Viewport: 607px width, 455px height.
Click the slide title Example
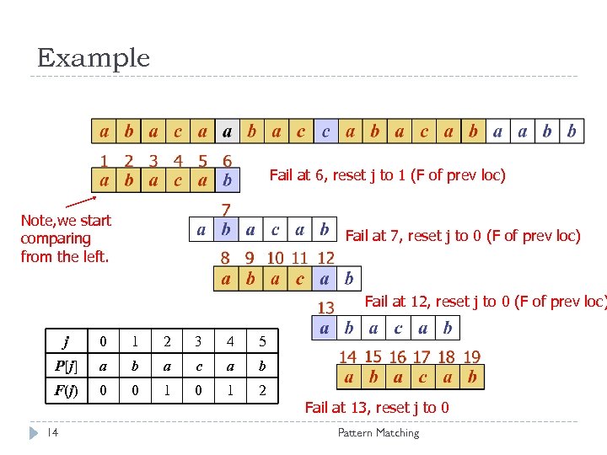(94, 58)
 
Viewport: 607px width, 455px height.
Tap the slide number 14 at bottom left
(53, 432)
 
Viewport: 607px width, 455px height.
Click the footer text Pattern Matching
(378, 432)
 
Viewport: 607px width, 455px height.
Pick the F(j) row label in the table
(66, 392)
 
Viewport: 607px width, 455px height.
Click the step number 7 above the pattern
(226, 209)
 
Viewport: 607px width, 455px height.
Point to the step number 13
(325, 308)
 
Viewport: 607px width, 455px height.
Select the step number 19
(472, 358)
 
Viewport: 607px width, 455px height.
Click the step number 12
(325, 259)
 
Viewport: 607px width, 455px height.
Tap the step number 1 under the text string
(104, 160)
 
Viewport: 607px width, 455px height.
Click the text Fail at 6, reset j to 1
(387, 175)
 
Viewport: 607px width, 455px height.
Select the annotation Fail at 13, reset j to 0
(377, 408)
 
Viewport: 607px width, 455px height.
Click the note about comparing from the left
(66, 238)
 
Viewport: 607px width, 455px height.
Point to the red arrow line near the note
(81, 202)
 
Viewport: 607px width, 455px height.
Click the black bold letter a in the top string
(227, 131)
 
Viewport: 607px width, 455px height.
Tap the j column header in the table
(66, 342)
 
